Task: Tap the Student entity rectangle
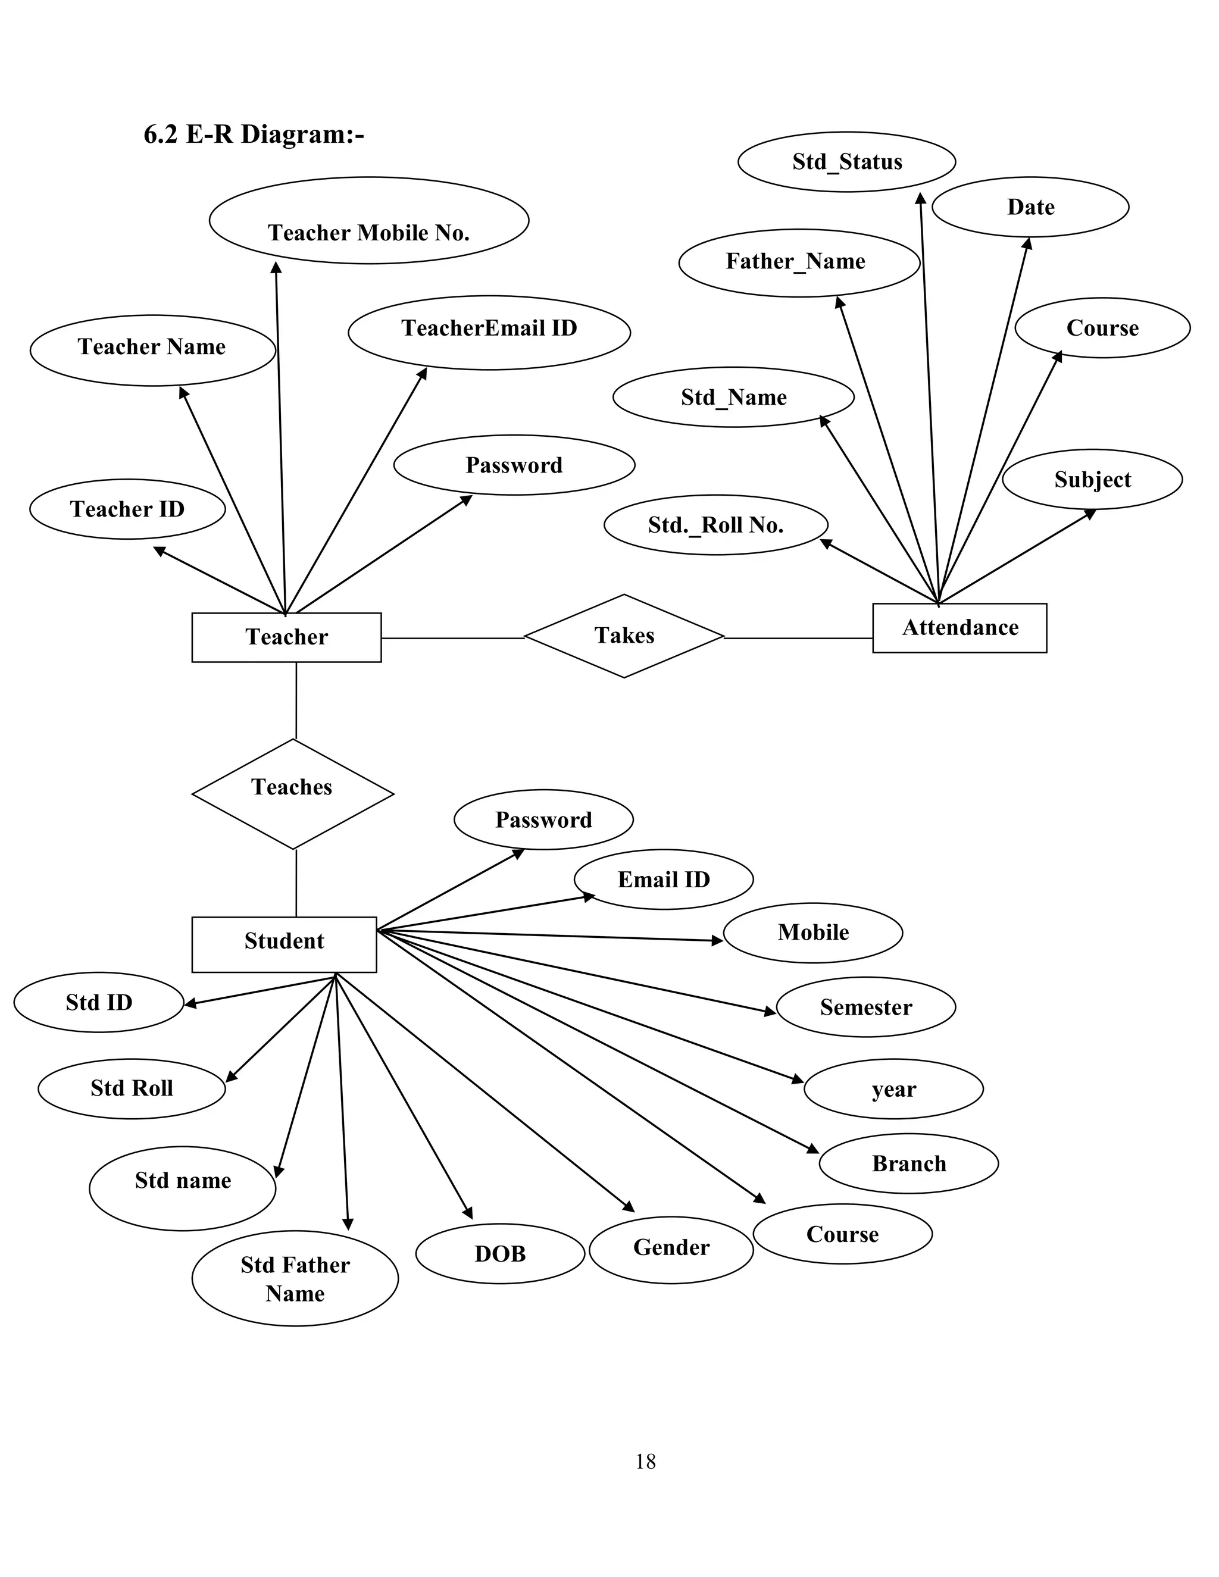click(x=284, y=944)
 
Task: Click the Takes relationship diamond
click(x=624, y=636)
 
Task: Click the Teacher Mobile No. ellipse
click(x=368, y=221)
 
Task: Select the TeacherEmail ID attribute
click(x=489, y=332)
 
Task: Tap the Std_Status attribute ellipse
click(x=846, y=162)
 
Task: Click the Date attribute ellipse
click(x=1030, y=207)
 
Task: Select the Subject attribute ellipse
click(x=1091, y=480)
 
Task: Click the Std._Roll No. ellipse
click(x=715, y=525)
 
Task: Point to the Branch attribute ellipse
click(x=908, y=1163)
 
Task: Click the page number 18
click(x=645, y=1462)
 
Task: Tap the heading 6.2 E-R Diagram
click(x=254, y=134)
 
